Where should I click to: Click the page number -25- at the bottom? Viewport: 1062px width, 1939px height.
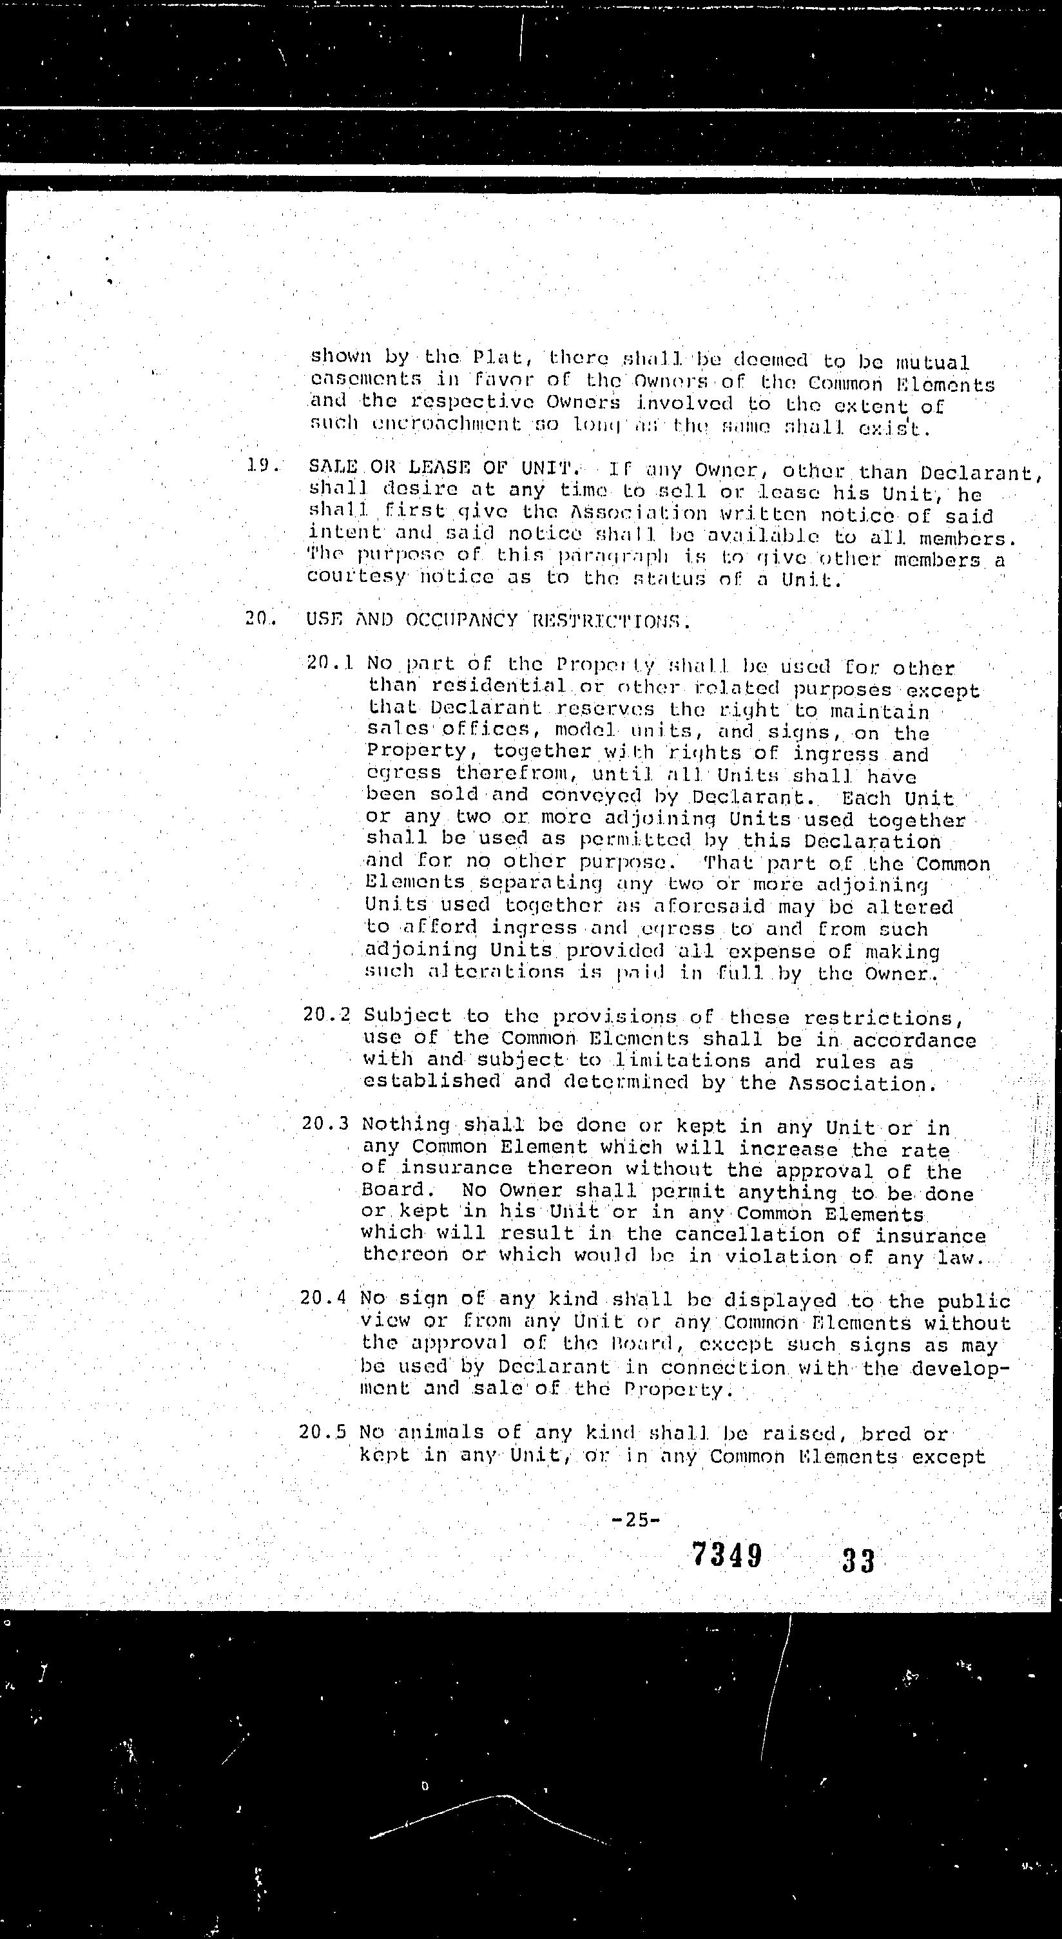click(637, 1519)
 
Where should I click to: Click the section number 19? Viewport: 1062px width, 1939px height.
click(262, 467)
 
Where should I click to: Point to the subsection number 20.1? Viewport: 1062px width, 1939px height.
click(330, 664)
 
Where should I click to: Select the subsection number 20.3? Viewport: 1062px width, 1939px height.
click(325, 1124)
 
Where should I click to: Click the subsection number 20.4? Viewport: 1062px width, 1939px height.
click(323, 1299)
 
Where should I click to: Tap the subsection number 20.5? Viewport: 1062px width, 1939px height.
click(322, 1431)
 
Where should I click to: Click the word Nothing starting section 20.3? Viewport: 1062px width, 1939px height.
click(406, 1124)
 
